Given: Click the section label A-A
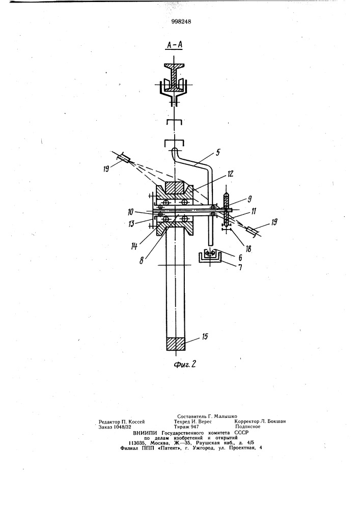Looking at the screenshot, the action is [x=174, y=46].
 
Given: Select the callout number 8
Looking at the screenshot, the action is [x=142, y=260].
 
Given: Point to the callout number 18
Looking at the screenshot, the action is [x=248, y=248].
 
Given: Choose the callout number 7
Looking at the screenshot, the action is [x=240, y=268].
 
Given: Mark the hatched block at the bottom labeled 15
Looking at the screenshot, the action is [x=176, y=344].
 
